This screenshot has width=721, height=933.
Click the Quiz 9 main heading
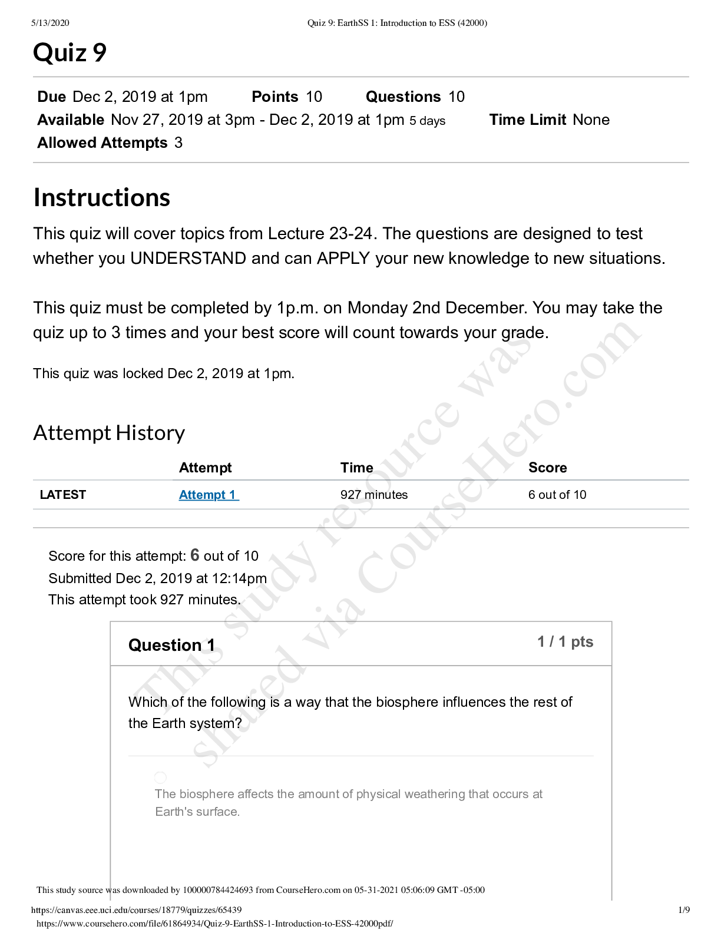tap(70, 53)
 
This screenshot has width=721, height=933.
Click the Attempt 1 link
tap(209, 495)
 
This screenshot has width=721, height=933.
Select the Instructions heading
tap(102, 197)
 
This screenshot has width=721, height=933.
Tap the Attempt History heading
tap(109, 433)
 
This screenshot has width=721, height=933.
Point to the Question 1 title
tap(171, 645)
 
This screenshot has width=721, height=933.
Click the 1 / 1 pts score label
tap(565, 641)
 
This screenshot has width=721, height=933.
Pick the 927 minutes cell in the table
tap(373, 495)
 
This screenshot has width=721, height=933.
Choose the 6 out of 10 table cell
tap(557, 495)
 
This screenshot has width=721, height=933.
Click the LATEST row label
tap(62, 495)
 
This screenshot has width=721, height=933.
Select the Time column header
tap(356, 468)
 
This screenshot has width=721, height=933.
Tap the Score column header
tap(547, 468)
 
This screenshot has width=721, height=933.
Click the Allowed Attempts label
tap(102, 143)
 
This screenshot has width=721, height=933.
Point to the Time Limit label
tap(528, 120)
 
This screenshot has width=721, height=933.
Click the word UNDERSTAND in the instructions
tap(188, 259)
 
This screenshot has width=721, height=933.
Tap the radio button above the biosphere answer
tap(160, 777)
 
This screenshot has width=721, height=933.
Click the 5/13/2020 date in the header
tap(50, 23)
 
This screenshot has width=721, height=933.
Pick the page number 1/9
tap(684, 910)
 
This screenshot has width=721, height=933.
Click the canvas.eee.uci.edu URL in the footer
tap(136, 910)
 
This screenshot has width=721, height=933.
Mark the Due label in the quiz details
tap(51, 97)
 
